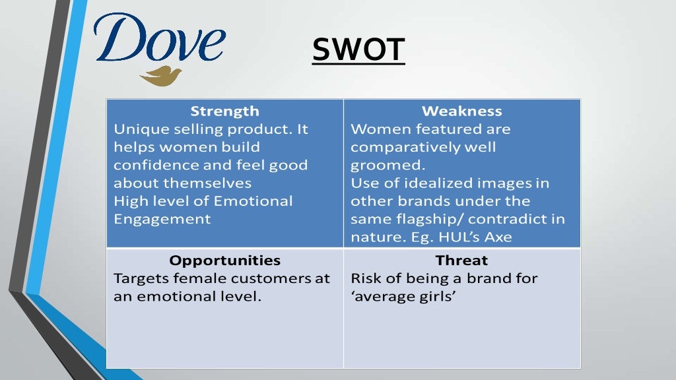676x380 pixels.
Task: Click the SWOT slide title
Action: pos(358,49)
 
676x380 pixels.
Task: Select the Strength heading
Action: pos(224,111)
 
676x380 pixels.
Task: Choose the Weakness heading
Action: pos(461,111)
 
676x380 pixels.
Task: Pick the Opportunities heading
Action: pos(224,260)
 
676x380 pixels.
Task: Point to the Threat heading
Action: pos(461,260)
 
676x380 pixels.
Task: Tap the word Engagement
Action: pos(162,219)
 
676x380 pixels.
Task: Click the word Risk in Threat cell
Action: pos(364,278)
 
